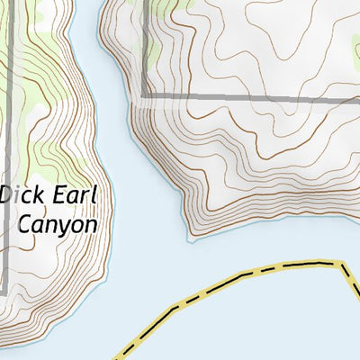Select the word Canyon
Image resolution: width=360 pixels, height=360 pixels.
click(x=58, y=224)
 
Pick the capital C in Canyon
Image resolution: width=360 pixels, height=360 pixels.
click(x=26, y=223)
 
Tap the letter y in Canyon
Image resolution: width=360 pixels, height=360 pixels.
click(x=63, y=227)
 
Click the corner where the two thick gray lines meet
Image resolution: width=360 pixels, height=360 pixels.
click(x=144, y=96)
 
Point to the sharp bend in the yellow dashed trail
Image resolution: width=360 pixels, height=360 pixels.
click(x=343, y=264)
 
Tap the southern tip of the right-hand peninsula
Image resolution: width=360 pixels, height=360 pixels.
click(x=192, y=238)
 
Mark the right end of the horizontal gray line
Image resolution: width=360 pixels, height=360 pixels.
click(x=357, y=98)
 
